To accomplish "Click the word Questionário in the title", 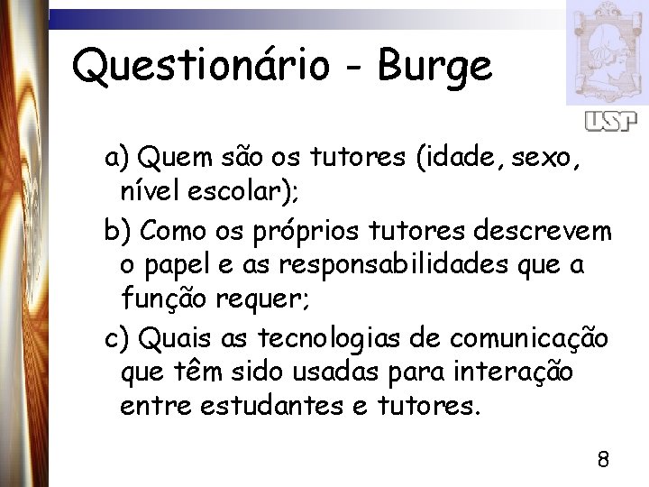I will coord(202,67).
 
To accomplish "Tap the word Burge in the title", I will coord(435,67).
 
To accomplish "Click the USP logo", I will coord(610,121).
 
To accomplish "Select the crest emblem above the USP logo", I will coord(607,51).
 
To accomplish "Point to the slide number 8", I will coord(603,460).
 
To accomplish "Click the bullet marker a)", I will coord(118,160).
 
